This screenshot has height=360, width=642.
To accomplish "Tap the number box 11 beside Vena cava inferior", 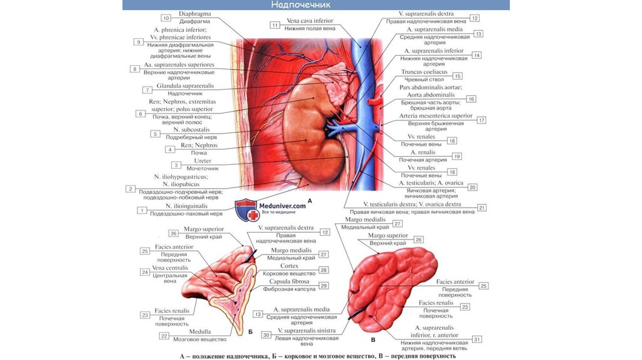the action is click(275, 25).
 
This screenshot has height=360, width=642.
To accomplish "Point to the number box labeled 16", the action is click(471, 98).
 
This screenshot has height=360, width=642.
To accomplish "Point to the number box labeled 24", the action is click(145, 272).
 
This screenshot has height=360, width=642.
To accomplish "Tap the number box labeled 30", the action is click(266, 335).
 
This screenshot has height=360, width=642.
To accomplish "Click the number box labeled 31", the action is click(476, 339).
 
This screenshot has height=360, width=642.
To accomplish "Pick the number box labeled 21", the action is click(481, 208).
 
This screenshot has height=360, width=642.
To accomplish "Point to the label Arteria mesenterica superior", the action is click(436, 116).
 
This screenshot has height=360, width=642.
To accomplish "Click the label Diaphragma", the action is click(194, 13).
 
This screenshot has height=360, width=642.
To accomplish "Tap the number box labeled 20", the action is click(472, 187).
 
